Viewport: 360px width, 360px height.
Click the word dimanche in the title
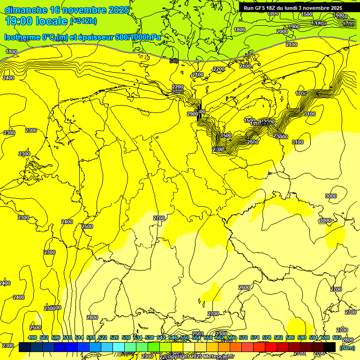[x=25, y=10]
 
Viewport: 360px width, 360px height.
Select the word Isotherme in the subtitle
[x=22, y=37]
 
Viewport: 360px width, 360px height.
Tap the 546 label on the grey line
[x=174, y=61]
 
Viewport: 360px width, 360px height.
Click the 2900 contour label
[x=192, y=114]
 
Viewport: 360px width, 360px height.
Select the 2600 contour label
[x=244, y=287]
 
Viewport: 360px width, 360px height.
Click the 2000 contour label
[x=282, y=31]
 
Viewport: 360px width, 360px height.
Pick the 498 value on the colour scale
[x=32, y=337]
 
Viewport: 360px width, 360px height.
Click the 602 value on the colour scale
[x=337, y=337]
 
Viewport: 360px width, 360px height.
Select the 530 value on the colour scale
[x=126, y=337]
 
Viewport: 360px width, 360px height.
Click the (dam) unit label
[x=347, y=347]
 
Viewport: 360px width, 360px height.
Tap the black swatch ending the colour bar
[x=330, y=347]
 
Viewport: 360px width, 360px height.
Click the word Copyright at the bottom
[x=178, y=357]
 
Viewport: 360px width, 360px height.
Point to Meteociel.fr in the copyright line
[x=226, y=357]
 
